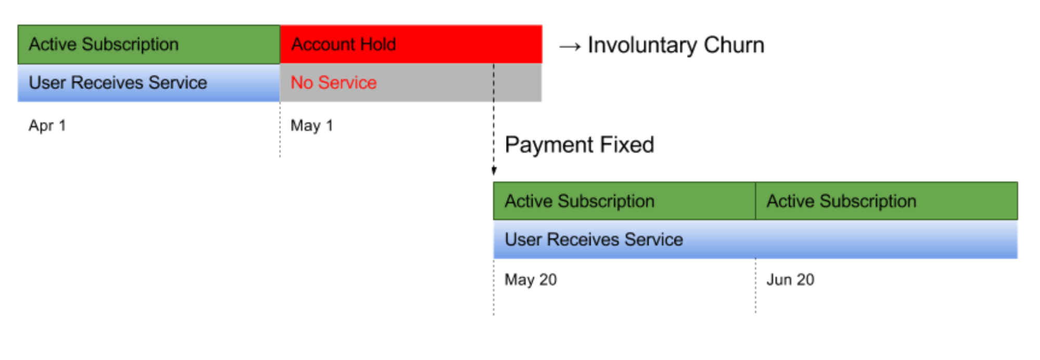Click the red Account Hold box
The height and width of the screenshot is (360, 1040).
411,44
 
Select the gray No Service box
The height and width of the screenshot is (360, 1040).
411,82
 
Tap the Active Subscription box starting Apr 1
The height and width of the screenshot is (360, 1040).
149,44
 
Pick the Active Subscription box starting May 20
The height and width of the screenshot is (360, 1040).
624,201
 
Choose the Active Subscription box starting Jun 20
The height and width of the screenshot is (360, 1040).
887,201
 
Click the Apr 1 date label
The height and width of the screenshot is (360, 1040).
47,125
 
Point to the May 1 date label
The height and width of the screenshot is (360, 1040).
312,125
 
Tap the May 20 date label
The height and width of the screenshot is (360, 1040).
531,280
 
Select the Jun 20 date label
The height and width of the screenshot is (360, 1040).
790,280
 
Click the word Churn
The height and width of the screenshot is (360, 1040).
734,45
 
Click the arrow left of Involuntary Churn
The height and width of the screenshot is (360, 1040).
570,47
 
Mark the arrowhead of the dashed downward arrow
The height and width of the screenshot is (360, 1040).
494,171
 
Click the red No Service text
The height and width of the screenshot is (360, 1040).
333,82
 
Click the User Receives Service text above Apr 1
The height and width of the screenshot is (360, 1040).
118,82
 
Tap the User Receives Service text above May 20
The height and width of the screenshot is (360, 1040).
594,239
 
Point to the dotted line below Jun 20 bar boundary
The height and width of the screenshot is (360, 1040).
755,286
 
